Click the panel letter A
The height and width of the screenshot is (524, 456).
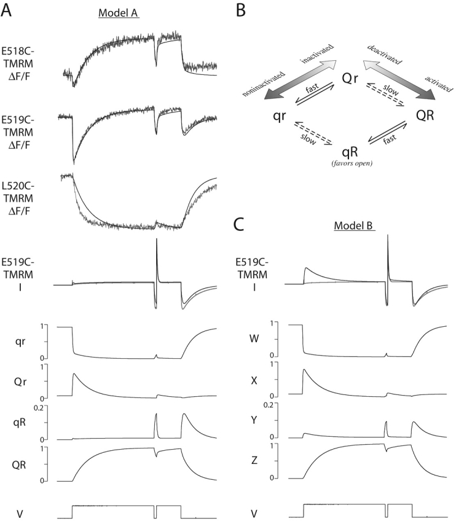(x=8, y=10)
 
